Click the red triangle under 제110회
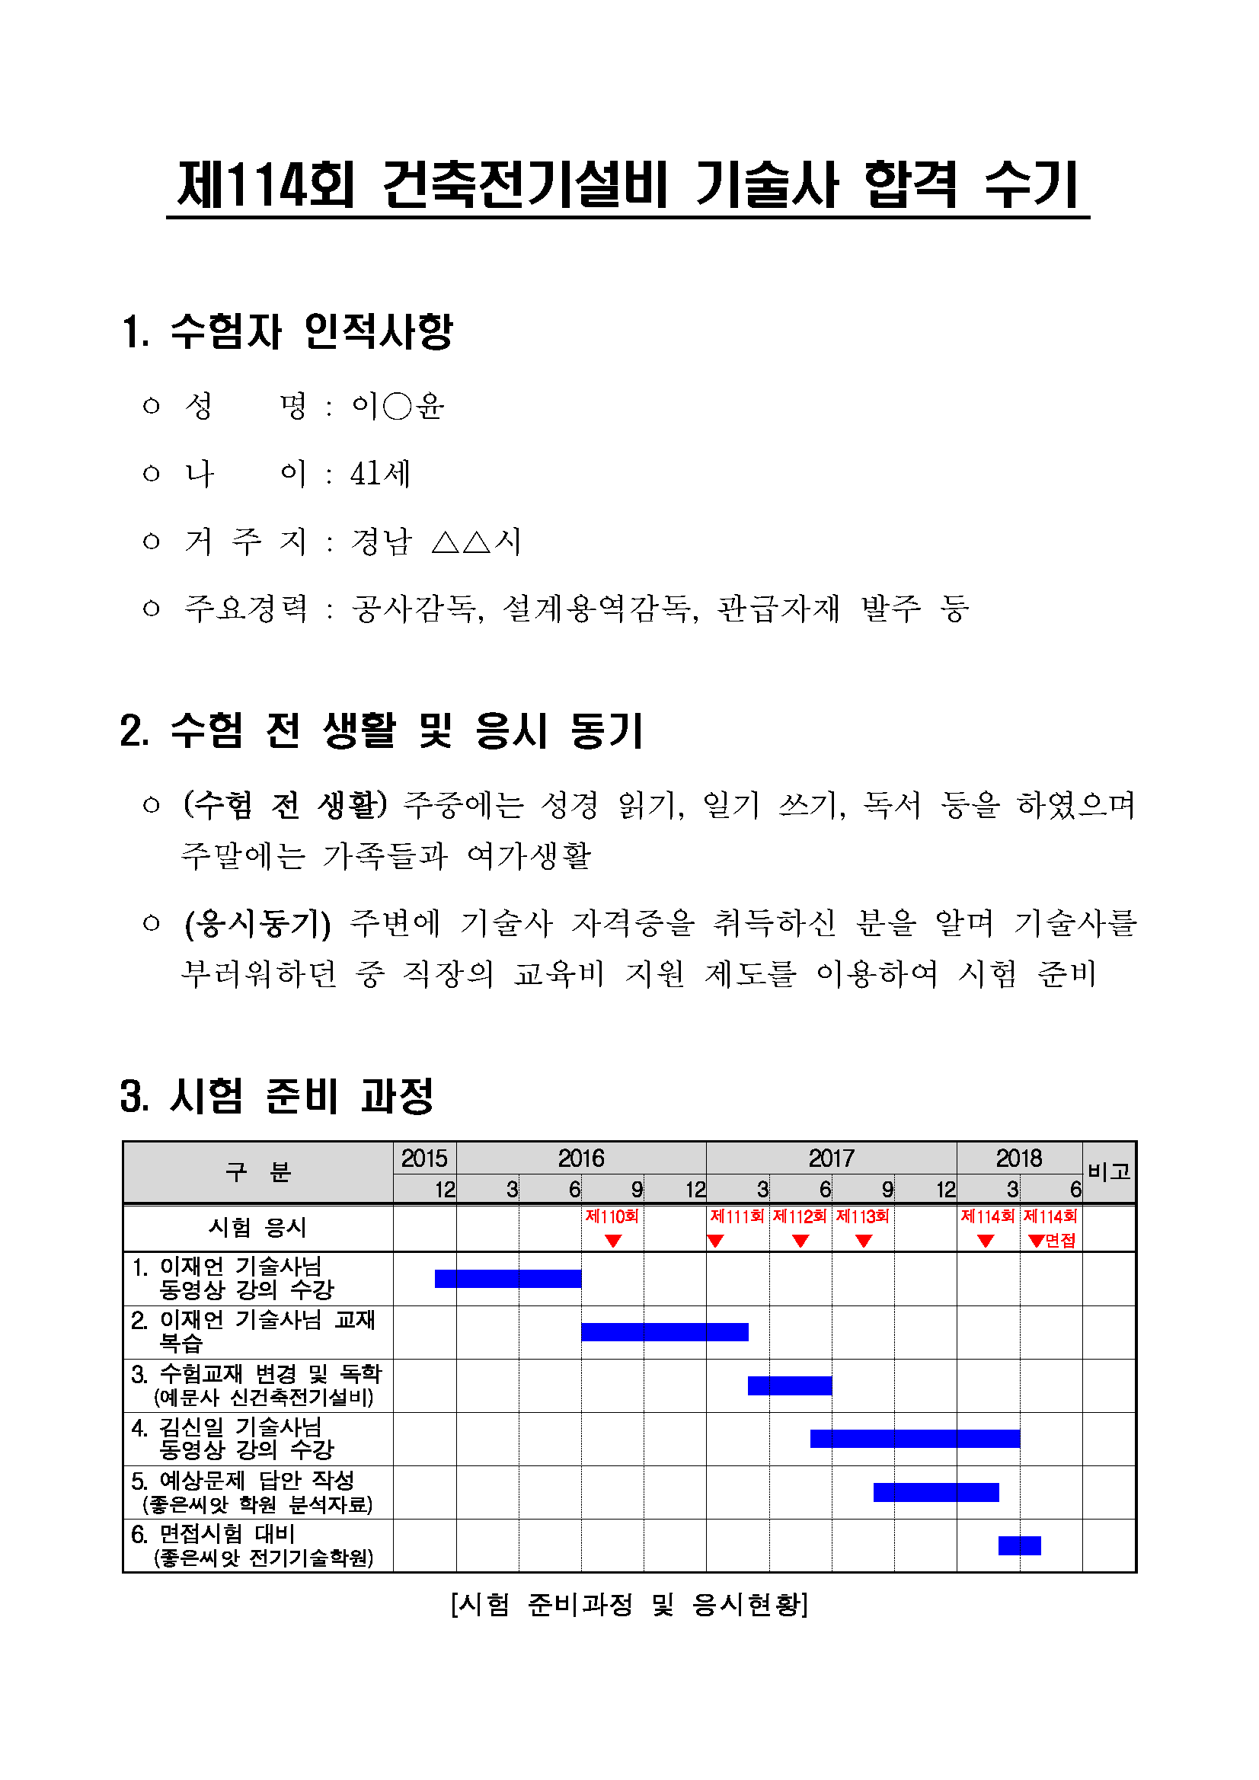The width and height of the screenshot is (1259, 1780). [612, 1242]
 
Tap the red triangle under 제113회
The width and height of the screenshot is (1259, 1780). [864, 1242]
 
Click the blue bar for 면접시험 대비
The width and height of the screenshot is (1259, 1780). [1018, 1545]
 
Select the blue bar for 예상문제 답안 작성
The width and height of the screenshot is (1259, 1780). [936, 1491]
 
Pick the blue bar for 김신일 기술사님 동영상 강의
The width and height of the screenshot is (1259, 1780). [915, 1438]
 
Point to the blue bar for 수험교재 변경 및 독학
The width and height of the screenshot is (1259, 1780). [789, 1385]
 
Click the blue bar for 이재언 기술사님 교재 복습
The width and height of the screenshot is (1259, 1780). [664, 1332]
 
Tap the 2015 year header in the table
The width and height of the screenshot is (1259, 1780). [424, 1158]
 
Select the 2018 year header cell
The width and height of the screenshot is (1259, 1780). [1018, 1158]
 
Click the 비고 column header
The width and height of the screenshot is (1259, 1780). [1109, 1171]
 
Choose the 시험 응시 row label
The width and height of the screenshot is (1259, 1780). [257, 1227]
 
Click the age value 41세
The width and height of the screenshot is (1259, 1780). [380, 473]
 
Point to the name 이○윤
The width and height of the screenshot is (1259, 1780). [397, 405]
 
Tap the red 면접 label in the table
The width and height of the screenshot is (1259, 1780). [1059, 1241]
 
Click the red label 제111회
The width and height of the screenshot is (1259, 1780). [737, 1216]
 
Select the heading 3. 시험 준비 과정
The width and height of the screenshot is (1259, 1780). [276, 1096]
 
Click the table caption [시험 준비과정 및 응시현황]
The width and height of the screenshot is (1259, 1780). [628, 1604]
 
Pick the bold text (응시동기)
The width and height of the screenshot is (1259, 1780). [257, 922]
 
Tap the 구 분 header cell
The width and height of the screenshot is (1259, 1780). [257, 1171]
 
